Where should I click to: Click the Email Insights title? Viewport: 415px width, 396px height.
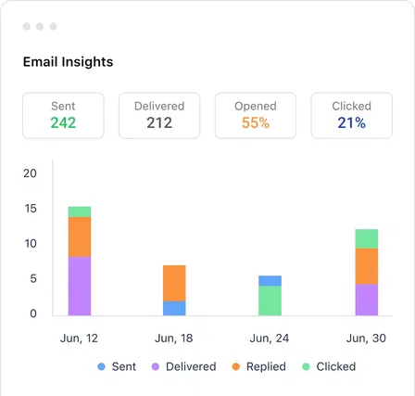(x=68, y=62)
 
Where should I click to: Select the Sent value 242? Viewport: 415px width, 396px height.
(x=64, y=122)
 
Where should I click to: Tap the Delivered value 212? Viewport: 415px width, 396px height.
(x=159, y=122)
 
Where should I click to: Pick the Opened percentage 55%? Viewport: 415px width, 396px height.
(x=256, y=122)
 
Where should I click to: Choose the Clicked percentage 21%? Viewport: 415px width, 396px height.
(x=351, y=122)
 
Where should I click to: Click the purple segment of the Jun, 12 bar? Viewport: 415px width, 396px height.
(x=80, y=286)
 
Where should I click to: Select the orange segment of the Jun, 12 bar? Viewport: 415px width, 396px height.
(x=80, y=236)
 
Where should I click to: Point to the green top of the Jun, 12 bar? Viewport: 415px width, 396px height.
(x=80, y=211)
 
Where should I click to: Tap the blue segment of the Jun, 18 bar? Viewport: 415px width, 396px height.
(x=174, y=308)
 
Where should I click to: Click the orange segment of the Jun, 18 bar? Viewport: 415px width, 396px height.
(x=174, y=283)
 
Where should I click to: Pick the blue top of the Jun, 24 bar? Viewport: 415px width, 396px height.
(x=270, y=280)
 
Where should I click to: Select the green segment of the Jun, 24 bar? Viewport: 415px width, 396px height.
(x=270, y=300)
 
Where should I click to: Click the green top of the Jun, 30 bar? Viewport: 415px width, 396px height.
(x=366, y=238)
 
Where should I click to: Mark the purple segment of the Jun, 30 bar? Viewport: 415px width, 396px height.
(x=366, y=299)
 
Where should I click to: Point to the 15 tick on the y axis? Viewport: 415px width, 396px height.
(x=31, y=209)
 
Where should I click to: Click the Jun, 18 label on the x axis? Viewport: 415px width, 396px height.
(x=174, y=338)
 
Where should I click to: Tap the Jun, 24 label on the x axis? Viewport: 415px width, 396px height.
(x=270, y=338)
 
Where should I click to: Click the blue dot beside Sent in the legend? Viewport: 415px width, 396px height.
(x=101, y=366)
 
